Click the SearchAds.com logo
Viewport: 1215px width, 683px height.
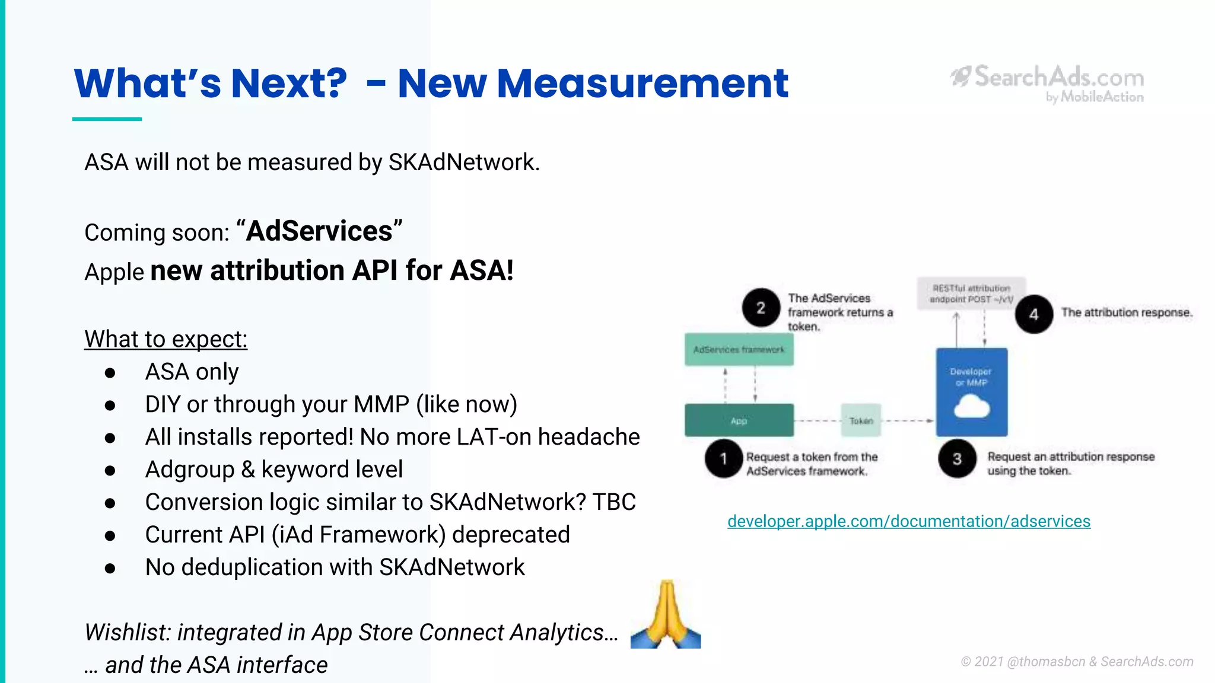coord(1048,84)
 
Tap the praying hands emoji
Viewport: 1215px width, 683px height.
coord(666,615)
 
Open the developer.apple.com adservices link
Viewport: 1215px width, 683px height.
coord(908,521)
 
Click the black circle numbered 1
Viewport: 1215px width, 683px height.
coord(724,458)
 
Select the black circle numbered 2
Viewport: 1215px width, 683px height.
coord(761,308)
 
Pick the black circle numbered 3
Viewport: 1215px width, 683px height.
coord(957,458)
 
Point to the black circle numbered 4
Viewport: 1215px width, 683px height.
coord(1033,314)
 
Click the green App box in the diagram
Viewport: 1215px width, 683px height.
coord(739,420)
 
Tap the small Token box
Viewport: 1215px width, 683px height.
coord(861,420)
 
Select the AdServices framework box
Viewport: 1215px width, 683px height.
coord(739,350)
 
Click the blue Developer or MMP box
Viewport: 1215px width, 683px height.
coord(971,391)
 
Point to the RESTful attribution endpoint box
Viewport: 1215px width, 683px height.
coord(971,293)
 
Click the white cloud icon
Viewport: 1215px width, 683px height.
coord(972,408)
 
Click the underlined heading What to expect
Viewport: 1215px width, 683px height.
coord(166,339)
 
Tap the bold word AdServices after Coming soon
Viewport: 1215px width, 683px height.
coord(319,231)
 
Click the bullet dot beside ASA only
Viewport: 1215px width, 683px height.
coord(110,373)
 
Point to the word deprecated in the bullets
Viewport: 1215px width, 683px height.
coord(511,535)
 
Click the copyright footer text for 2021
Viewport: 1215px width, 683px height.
coord(1076,662)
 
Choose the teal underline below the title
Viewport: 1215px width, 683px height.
coord(107,119)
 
